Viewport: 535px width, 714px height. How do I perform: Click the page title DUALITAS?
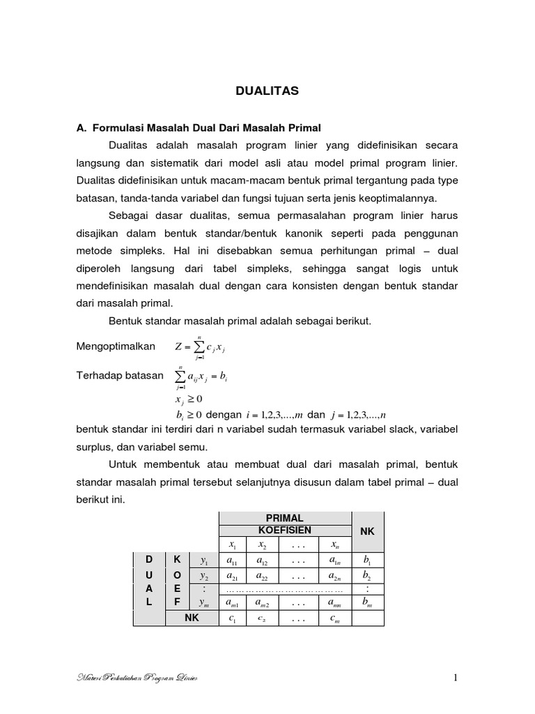click(x=267, y=91)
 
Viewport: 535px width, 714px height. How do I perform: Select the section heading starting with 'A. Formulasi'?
click(x=198, y=128)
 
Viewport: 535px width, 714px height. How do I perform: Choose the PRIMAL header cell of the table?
click(x=284, y=518)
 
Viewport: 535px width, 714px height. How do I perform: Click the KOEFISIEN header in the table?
click(x=284, y=531)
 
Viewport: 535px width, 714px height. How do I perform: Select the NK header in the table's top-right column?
click(x=368, y=531)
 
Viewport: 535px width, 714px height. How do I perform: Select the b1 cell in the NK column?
click(x=368, y=561)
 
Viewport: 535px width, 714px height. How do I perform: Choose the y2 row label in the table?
click(x=204, y=576)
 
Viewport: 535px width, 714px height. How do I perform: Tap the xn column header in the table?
click(x=334, y=545)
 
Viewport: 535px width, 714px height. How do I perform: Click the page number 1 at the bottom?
click(x=455, y=678)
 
